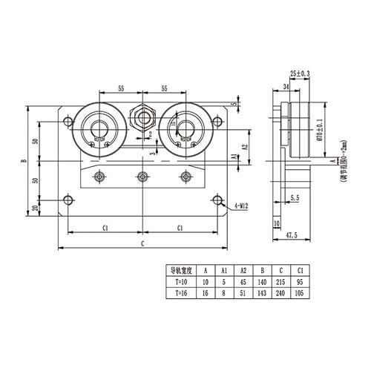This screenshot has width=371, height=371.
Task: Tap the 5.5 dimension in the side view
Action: (x=295, y=198)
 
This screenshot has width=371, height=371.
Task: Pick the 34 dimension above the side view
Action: (x=286, y=87)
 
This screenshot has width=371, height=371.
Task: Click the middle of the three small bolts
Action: (x=142, y=177)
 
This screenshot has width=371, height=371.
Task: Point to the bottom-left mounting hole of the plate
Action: (x=68, y=200)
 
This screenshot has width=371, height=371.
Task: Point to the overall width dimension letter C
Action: (x=141, y=243)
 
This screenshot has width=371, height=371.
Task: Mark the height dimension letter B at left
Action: (x=24, y=161)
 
